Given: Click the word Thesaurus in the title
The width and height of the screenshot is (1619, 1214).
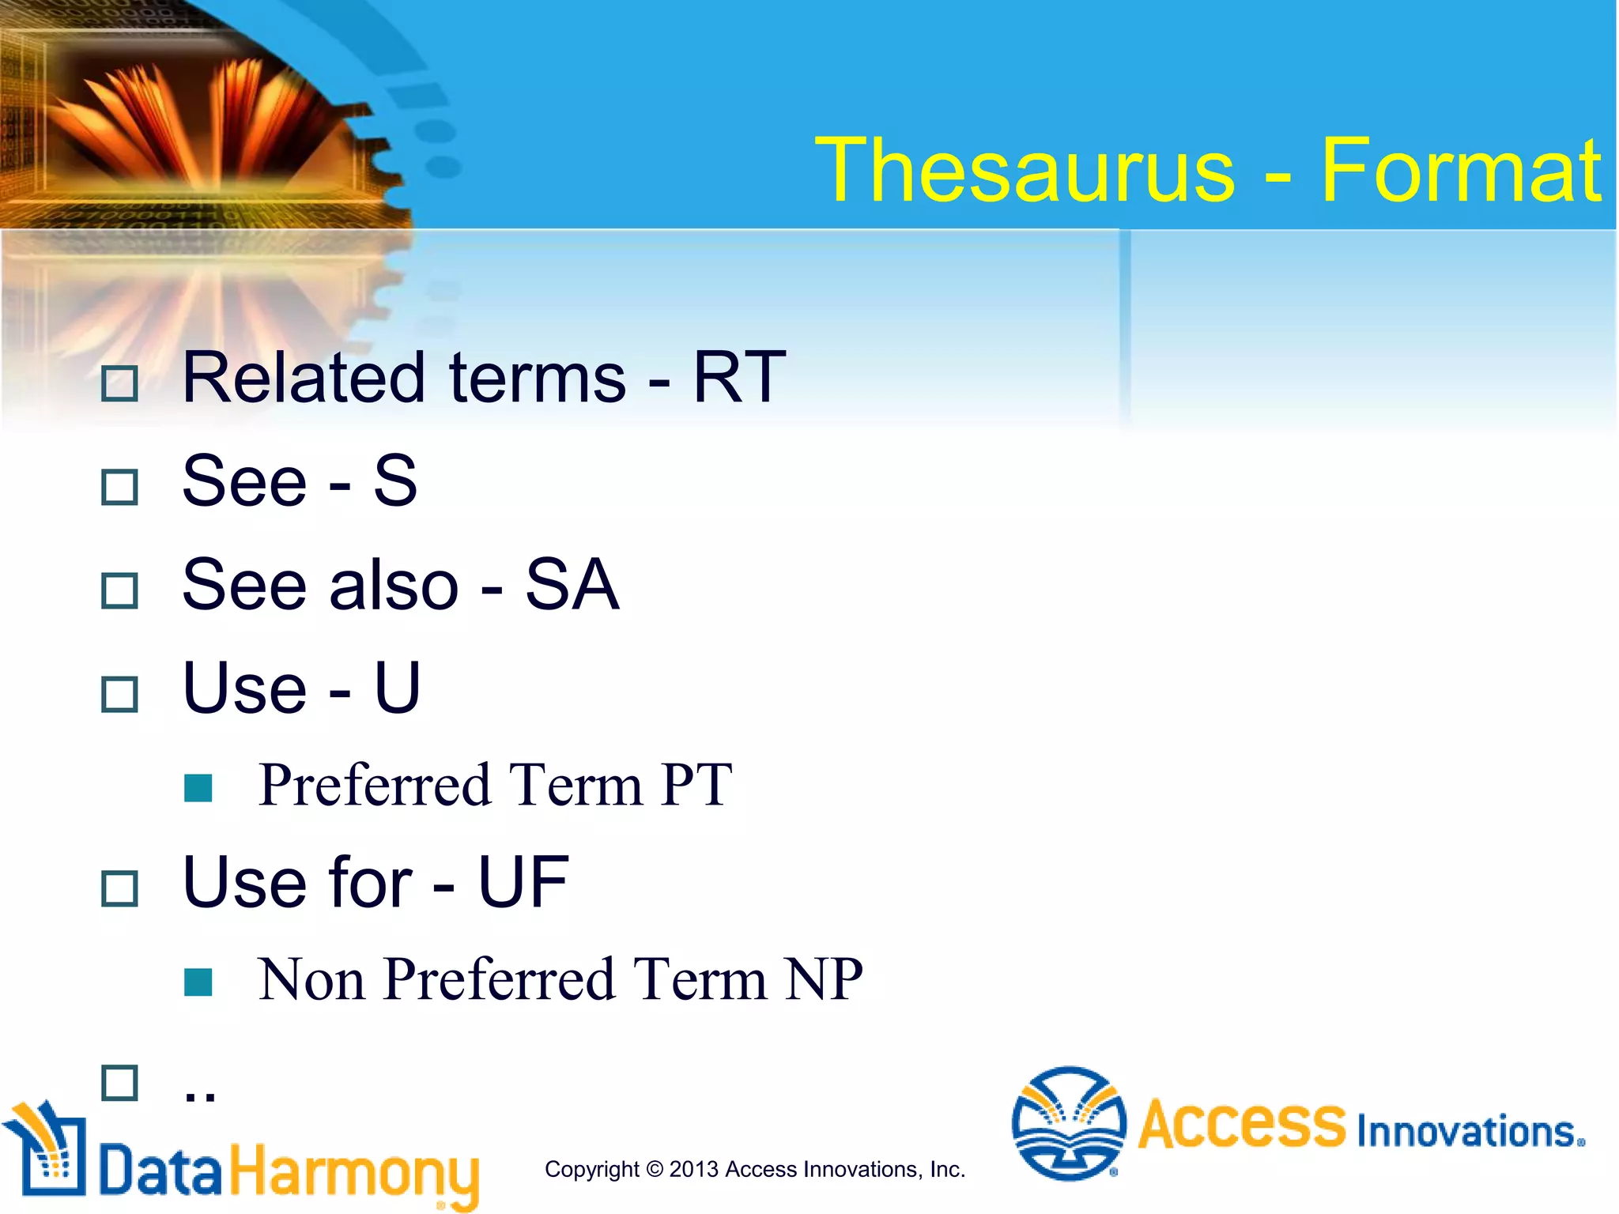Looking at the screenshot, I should pos(1025,170).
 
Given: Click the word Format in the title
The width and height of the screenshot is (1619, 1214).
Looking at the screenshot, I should pos(1461,170).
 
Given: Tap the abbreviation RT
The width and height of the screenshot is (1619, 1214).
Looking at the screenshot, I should pos(739,378).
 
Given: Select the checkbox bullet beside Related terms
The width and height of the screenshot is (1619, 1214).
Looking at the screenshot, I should pos(120,384).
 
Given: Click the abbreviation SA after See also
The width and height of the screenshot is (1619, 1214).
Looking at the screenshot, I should pos(572,585).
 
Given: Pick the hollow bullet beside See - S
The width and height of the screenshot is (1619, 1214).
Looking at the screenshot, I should pos(120,487).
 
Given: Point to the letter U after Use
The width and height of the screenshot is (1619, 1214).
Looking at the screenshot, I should pos(397,688).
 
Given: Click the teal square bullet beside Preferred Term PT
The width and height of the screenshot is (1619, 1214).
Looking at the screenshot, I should pos(198,787).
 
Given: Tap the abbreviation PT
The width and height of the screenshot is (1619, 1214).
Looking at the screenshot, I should pos(696,785).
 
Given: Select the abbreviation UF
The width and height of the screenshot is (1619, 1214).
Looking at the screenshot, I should pos(523,882).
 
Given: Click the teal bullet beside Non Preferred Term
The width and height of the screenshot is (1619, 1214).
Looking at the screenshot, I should pos(198,982).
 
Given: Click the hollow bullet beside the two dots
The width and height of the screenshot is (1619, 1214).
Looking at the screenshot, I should pos(120,1083).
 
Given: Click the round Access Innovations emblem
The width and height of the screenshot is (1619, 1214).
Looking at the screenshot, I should pos(1069,1124).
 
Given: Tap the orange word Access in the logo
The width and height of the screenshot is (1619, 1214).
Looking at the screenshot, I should pos(1241,1124).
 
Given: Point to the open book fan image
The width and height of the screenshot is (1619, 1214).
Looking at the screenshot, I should pos(198,119).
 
